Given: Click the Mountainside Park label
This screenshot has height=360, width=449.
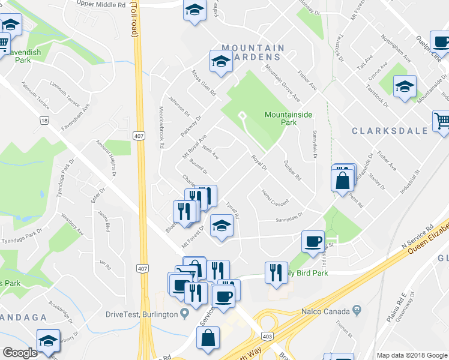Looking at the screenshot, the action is (280, 118).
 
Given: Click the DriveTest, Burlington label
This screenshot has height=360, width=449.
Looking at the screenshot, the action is (141, 314).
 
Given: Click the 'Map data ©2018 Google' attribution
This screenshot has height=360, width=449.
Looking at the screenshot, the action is (412, 355).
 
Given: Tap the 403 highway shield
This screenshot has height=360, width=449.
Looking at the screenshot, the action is (268, 336).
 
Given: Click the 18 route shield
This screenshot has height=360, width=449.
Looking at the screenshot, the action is (44, 121).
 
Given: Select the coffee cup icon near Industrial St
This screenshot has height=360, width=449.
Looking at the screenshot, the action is (312, 242).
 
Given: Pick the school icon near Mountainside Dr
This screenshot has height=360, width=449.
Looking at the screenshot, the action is (405, 86).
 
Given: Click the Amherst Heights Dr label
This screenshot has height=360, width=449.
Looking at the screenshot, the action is (106, 158).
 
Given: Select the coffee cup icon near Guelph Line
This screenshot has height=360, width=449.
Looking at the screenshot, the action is (441, 43).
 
